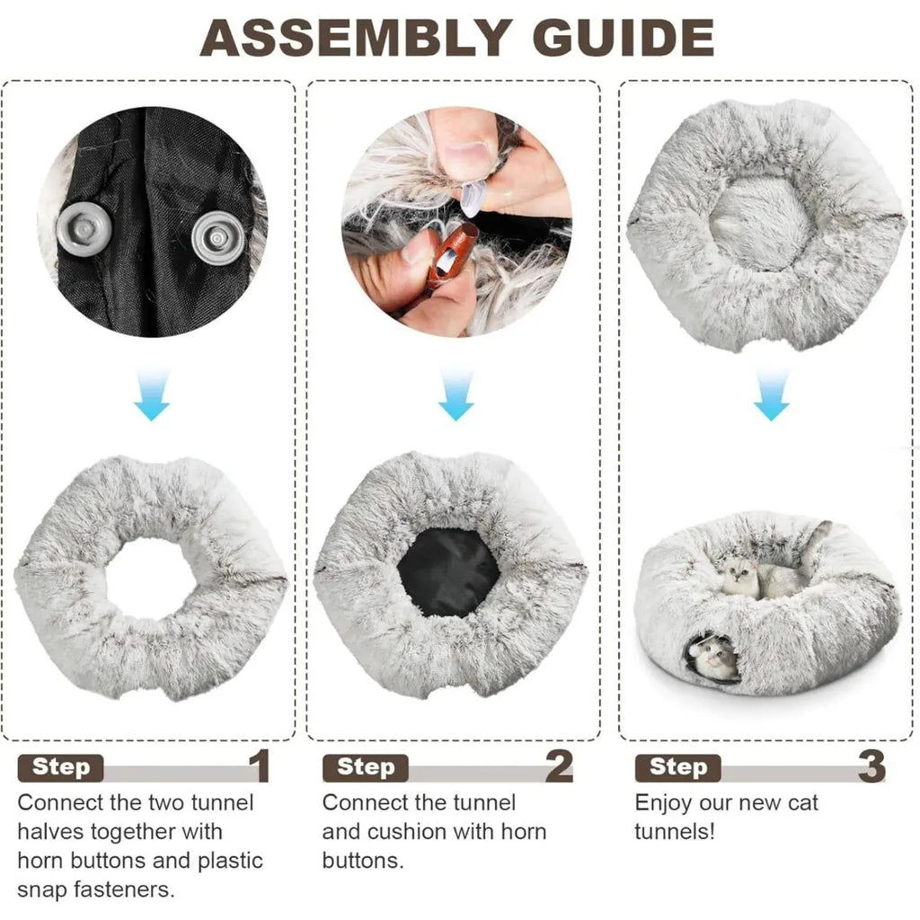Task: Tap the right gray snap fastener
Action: click(x=218, y=237)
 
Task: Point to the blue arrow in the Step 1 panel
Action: click(x=152, y=394)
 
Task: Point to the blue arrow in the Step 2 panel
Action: click(x=456, y=394)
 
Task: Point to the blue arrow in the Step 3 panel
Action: click(x=771, y=394)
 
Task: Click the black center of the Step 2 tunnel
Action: click(x=449, y=572)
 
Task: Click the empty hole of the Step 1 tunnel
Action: click(x=150, y=578)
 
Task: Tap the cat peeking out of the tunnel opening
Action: click(x=713, y=659)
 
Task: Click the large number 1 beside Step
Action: click(x=260, y=765)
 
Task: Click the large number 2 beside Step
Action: click(x=559, y=765)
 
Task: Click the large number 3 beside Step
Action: click(x=871, y=765)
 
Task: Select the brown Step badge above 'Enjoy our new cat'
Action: click(x=677, y=767)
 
